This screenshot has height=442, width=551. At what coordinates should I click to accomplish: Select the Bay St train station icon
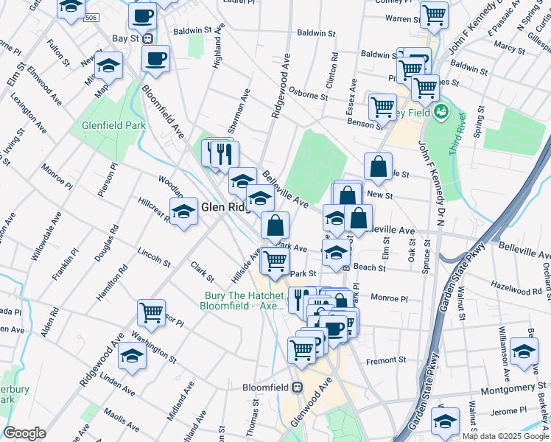pyautogui.click(x=147, y=38)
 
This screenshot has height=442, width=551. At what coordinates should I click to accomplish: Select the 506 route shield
pyautogui.click(x=91, y=17)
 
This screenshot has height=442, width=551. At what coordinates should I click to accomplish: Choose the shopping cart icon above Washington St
pyautogui.click(x=152, y=312)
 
